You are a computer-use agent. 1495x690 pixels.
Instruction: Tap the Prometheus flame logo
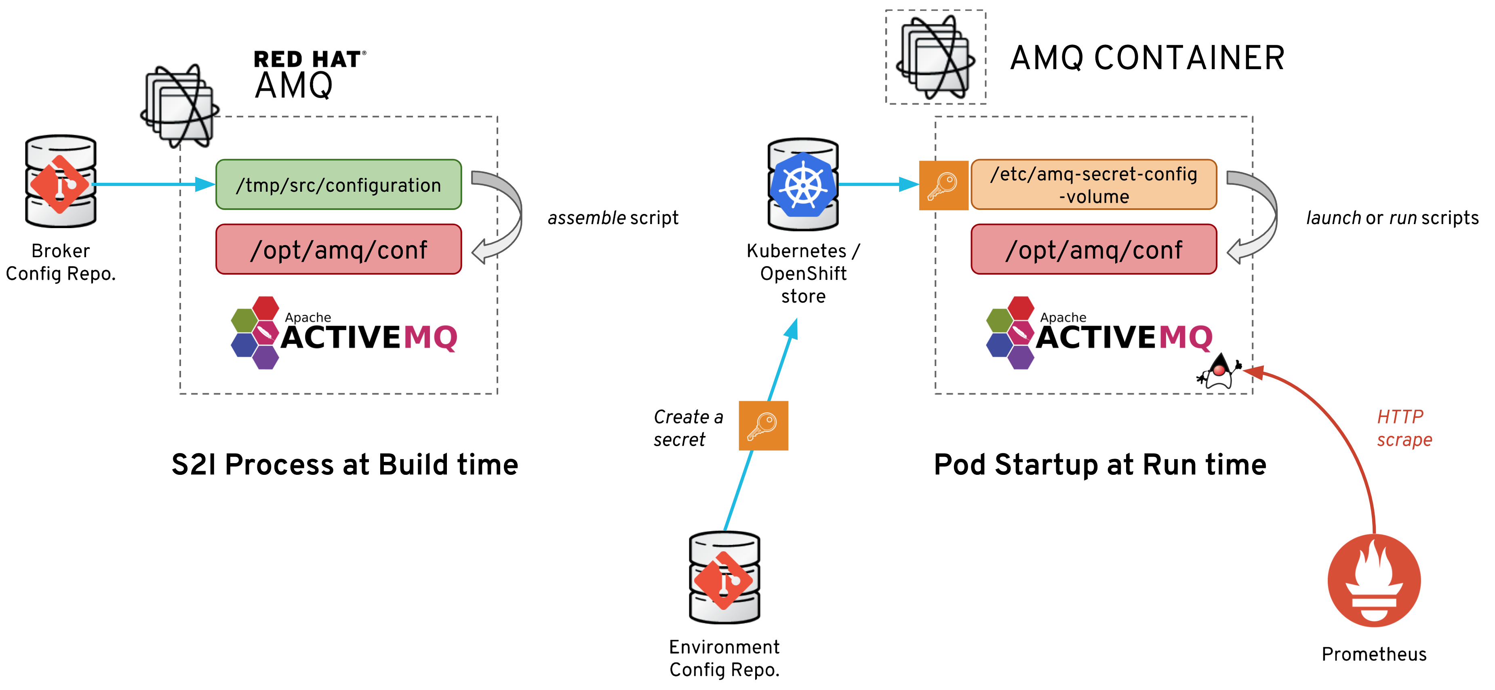pos(1374,580)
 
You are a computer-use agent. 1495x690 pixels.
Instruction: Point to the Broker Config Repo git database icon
pos(60,182)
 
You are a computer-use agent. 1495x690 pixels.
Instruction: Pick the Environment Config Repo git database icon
pos(724,578)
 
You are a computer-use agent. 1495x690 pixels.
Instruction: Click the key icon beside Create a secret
pos(763,426)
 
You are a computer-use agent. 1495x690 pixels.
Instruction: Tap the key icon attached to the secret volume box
pos(943,185)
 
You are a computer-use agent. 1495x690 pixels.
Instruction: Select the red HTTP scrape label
pos(1404,428)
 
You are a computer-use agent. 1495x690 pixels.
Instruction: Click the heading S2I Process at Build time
pos(345,465)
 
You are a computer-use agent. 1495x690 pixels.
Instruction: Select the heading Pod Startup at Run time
pos(1100,465)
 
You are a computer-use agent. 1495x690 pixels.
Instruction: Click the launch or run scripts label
pos(1392,218)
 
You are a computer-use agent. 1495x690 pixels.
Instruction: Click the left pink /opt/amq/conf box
pos(338,249)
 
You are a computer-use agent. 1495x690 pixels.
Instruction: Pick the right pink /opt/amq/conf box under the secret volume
pos(1093,249)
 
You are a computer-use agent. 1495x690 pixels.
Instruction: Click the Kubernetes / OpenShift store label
pos(803,273)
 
